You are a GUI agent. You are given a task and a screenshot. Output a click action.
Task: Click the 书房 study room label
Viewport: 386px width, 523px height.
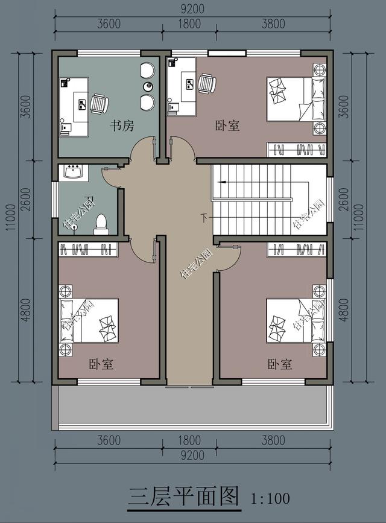click(122, 126)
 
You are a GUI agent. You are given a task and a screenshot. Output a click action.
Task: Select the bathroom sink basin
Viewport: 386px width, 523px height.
click(74, 173)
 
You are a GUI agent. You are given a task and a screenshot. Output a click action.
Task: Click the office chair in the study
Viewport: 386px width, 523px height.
click(100, 103)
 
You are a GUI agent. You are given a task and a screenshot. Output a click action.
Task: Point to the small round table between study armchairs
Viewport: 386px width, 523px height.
click(148, 86)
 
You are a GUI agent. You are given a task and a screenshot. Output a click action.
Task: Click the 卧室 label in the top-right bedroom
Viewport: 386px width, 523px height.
click(227, 126)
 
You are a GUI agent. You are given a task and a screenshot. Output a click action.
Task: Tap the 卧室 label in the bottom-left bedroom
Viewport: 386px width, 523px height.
click(101, 364)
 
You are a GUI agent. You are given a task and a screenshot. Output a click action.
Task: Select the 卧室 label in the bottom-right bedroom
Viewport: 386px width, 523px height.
click(280, 364)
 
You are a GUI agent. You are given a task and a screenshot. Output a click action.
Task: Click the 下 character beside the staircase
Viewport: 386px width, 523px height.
click(204, 218)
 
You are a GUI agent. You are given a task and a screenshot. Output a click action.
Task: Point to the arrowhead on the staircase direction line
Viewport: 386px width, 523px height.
click(221, 182)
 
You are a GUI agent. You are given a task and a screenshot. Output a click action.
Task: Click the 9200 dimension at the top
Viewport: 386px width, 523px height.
click(192, 9)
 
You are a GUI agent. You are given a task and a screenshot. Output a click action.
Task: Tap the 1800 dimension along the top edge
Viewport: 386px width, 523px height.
click(189, 24)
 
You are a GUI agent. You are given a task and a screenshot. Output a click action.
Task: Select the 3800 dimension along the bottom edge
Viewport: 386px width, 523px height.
click(273, 440)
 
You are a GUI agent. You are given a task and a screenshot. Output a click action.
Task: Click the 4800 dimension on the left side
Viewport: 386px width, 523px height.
click(25, 310)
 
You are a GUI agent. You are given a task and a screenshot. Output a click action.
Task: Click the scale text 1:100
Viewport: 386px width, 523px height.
click(270, 499)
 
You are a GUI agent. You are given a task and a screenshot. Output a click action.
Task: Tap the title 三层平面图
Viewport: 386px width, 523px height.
click(184, 496)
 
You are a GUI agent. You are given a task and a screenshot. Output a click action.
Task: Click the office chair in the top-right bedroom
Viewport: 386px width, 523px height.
click(207, 83)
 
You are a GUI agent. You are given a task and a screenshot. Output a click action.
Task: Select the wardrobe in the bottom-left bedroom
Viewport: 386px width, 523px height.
click(89, 250)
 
